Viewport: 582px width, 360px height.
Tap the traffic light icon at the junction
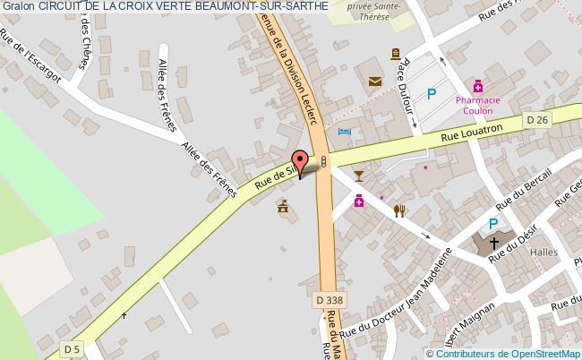click(323, 160)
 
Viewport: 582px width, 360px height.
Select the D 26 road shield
click(536, 120)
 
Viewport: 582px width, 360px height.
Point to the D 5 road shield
click(72, 347)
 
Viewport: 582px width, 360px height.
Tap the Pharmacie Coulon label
click(478, 107)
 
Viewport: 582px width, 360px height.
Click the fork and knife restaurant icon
click(399, 211)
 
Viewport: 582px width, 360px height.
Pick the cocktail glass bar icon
click(359, 174)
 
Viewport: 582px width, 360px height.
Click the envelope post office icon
click(374, 81)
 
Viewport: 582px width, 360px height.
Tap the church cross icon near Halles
click(492, 243)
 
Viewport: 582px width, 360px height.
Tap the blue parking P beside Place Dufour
click(432, 92)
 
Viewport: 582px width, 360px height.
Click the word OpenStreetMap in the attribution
click(544, 352)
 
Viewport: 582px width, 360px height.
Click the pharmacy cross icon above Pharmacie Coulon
click(478, 87)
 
